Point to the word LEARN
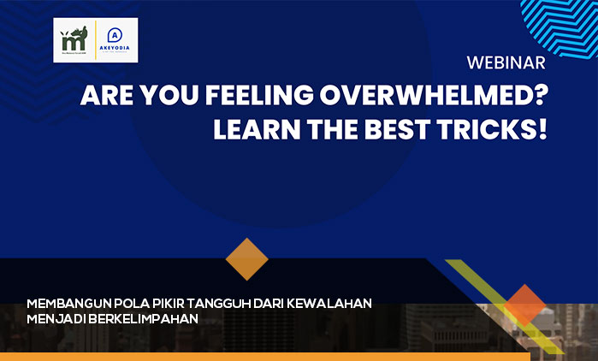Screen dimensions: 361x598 pyautogui.click(x=258, y=131)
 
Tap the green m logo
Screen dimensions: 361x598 pyautogui.click(x=74, y=40)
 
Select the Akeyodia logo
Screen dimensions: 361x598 pyautogui.click(x=117, y=40)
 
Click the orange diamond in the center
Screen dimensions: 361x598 pyautogui.click(x=246, y=259)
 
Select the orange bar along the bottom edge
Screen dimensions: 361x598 pyautogui.click(x=257, y=357)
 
